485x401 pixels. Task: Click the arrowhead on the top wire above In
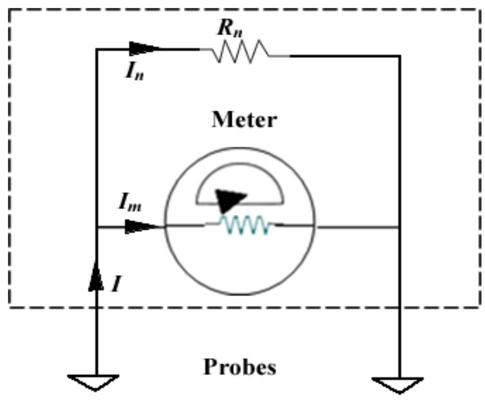click(145, 49)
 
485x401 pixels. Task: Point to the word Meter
click(244, 120)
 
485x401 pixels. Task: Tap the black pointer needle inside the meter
click(230, 199)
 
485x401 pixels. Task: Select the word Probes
click(239, 367)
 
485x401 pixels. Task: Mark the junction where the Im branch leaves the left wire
click(96, 227)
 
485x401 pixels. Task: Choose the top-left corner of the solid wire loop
click(96, 49)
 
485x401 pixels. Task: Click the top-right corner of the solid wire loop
click(399, 56)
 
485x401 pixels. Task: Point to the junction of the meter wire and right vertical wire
click(399, 227)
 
